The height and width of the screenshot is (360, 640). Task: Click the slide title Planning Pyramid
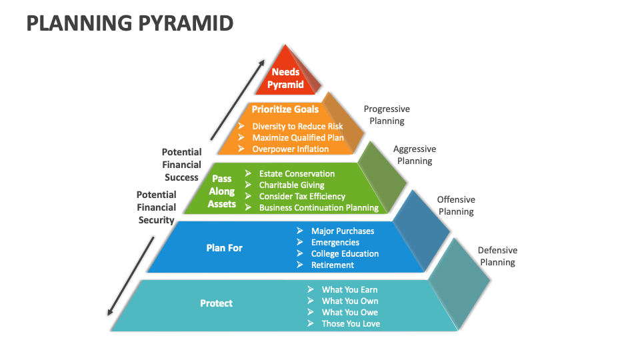point(129,23)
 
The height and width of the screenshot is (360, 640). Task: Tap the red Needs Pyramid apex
point(286,78)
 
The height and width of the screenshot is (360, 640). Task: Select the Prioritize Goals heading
point(285,109)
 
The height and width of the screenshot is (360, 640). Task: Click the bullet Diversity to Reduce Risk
point(297,126)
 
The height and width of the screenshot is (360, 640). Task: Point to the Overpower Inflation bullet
point(290,149)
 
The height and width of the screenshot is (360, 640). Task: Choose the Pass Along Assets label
point(222,191)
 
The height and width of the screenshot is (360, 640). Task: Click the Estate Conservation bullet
point(297,173)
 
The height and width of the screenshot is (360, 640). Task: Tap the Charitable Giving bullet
point(291,185)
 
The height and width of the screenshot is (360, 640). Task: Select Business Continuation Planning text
point(319,207)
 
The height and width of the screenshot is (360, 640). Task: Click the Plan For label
point(224,248)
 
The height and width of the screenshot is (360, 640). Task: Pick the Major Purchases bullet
point(343,231)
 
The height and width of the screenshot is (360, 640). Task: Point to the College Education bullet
point(345,253)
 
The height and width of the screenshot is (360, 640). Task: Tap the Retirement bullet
point(333,265)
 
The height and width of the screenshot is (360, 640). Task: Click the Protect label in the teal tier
point(216,303)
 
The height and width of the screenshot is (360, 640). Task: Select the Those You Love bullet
point(351,323)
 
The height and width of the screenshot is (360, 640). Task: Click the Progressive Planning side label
point(387,115)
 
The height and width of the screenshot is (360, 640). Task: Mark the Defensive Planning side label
point(497,256)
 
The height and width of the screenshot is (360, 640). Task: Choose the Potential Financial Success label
point(181,165)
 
